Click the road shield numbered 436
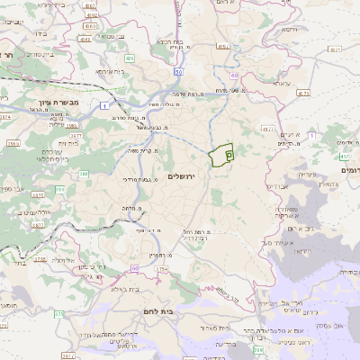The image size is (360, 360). click(x=130, y=58)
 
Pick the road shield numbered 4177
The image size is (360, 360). click(x=267, y=130)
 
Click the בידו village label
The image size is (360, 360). click(x=40, y=33)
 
